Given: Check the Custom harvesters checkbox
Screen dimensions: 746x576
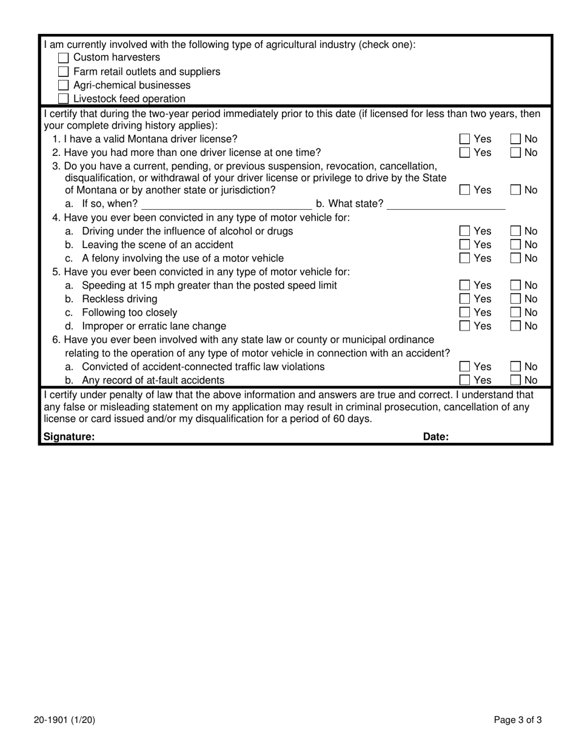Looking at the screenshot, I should coord(64,58).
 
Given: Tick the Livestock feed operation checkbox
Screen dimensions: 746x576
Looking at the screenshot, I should coord(64,99).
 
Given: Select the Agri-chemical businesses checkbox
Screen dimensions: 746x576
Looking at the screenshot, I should coord(64,86).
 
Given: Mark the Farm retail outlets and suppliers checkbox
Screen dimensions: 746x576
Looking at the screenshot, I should coord(64,72).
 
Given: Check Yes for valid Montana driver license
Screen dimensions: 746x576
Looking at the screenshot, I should coord(464,139).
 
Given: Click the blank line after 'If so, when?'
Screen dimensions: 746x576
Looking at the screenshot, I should coord(226,204).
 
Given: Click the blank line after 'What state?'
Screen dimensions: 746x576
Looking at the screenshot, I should coord(446,204).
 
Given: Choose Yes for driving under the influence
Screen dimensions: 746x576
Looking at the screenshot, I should coord(464,231).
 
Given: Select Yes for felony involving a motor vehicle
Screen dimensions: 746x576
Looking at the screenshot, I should coord(464,258).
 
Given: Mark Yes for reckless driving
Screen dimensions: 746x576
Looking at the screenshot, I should coord(464,299).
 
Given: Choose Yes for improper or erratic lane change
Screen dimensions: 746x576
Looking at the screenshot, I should coord(464,326).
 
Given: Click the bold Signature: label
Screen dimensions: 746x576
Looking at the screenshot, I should coord(69,437).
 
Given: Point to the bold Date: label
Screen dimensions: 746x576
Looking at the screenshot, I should coord(435,437).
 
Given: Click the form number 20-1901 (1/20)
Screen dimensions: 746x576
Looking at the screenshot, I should coord(64,721).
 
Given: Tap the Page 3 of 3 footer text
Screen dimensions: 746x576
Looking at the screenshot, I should coord(517,721).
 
